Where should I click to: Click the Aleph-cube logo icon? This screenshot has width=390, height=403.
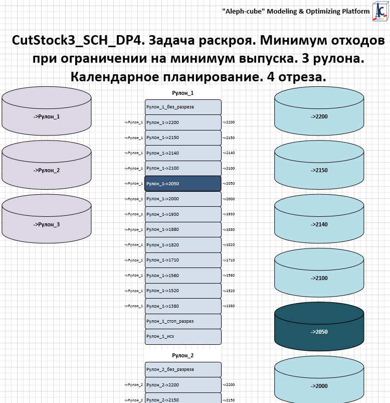(379, 12)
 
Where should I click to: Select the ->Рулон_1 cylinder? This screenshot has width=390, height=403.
(47, 116)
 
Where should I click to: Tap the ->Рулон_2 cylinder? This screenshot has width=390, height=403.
(47, 170)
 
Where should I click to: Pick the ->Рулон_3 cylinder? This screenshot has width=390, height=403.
(47, 224)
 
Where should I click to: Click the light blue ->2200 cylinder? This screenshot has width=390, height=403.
(319, 116)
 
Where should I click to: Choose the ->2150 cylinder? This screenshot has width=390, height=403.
(319, 170)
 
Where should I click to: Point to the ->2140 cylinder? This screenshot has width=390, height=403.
(319, 224)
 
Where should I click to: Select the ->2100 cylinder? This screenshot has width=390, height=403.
(319, 278)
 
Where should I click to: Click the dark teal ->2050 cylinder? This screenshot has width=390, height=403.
(319, 331)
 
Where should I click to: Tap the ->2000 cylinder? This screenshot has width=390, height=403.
(319, 385)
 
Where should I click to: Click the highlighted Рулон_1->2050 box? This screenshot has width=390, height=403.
(183, 184)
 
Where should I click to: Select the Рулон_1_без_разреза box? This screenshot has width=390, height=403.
(183, 107)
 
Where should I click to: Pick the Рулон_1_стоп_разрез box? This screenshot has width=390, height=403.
(183, 321)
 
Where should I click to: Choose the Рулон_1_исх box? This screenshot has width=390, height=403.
(183, 337)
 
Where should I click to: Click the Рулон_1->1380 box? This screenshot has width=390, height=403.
(183, 306)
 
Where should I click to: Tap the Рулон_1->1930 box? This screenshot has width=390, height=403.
(183, 214)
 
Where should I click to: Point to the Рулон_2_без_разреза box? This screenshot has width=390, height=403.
(183, 369)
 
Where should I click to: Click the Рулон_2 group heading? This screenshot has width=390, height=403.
(183, 355)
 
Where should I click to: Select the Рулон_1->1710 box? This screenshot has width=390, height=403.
(183, 260)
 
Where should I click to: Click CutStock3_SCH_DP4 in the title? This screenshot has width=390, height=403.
(75, 41)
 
